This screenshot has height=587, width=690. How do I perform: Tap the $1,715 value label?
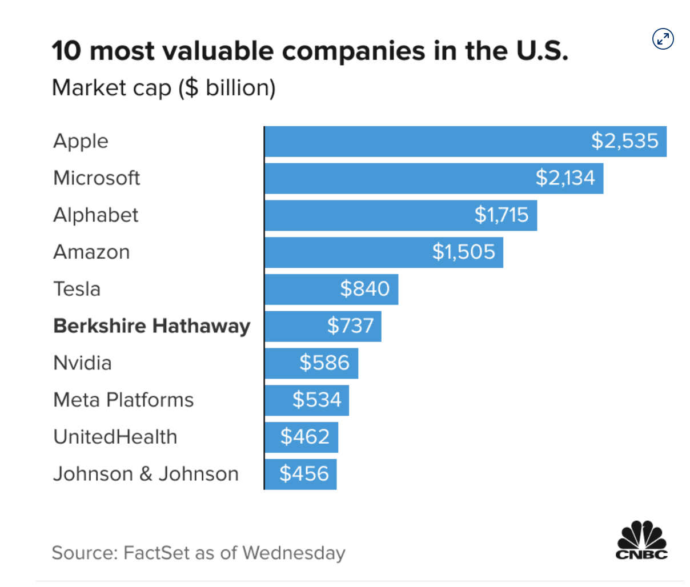pos(502,215)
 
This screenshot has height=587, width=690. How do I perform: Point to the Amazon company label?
pos(91,252)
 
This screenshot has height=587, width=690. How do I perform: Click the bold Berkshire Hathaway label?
pos(151,326)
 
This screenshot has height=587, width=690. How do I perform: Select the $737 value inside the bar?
pos(350,326)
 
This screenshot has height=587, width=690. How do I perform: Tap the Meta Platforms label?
pos(123,400)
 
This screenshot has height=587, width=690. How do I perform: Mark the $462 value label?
pos(305,437)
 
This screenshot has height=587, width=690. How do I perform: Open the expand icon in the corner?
pos(663,39)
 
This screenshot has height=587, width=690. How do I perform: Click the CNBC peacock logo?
pos(641,540)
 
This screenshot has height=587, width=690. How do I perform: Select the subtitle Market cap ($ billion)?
pos(163,88)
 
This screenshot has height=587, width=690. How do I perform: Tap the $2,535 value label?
pos(624,141)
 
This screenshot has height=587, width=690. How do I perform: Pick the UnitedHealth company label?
pos(115,437)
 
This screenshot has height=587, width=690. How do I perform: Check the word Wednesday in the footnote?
pos(294,553)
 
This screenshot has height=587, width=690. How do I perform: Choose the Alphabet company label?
pos(95,215)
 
